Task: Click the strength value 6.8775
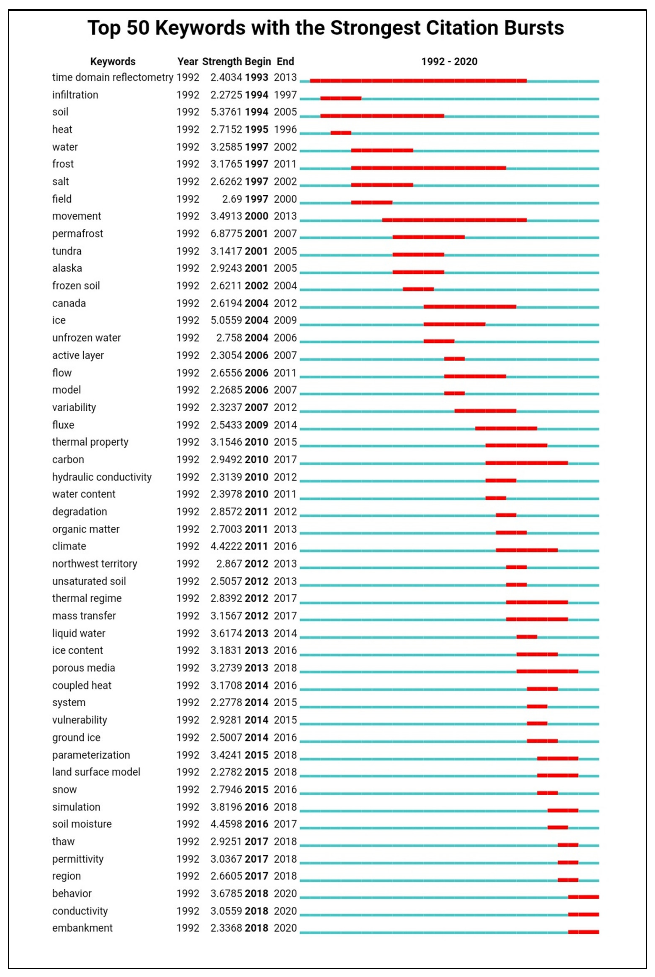[x=226, y=234]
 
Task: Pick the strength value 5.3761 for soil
[x=226, y=112]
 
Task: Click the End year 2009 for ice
[x=285, y=320]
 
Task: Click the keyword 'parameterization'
[x=91, y=755]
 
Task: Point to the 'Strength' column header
[x=222, y=61]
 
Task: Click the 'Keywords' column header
[x=113, y=61]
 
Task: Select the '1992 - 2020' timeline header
[x=449, y=61]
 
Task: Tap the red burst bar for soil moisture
[x=557, y=828]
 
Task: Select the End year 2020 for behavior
[x=285, y=893]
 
